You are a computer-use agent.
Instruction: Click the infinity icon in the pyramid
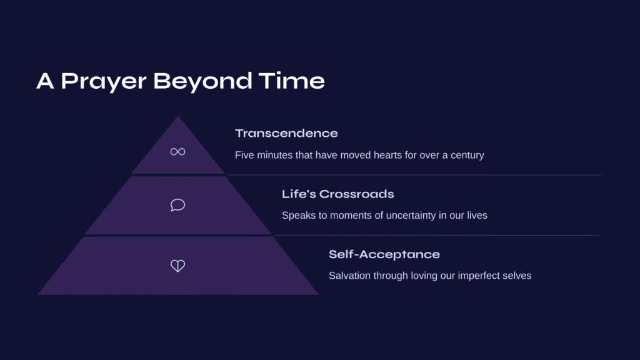coord(177,152)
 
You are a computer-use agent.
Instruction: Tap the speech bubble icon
coord(177,205)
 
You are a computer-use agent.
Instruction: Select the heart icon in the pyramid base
coord(177,266)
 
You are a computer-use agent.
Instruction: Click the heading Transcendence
coord(286,134)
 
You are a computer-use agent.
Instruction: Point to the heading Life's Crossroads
coord(337,194)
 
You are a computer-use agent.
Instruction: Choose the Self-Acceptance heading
coord(384,254)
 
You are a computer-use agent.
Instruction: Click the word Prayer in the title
coord(104,82)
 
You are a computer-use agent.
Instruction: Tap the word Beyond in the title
coord(202,82)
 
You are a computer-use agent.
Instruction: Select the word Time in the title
coord(291,81)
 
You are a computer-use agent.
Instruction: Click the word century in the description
coord(467,156)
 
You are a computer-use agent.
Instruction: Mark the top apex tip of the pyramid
coord(177,116)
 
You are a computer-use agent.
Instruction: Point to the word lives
coord(477,215)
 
